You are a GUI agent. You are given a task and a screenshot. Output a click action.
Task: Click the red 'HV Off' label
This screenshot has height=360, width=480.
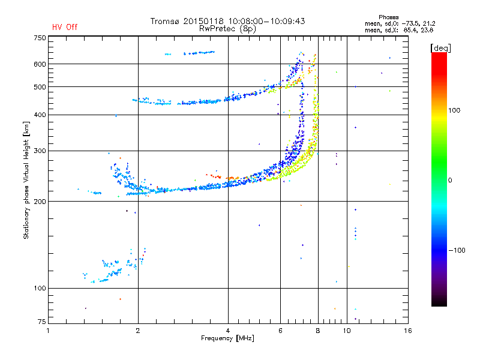tap(65, 27)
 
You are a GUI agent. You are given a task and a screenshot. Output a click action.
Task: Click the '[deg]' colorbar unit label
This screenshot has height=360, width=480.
tap(441, 47)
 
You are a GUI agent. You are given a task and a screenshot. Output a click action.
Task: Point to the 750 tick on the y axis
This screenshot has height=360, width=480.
tap(40, 38)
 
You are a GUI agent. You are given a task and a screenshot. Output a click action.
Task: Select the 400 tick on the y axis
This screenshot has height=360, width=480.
tap(40, 115)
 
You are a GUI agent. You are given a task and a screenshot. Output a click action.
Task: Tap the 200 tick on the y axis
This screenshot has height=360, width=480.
tap(40, 201)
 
